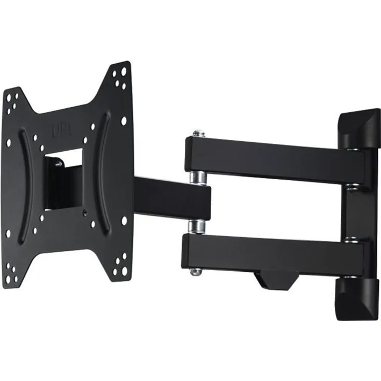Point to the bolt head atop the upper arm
[x=199, y=134]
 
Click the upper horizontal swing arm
[x=274, y=158]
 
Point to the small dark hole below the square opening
[x=84, y=213]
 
